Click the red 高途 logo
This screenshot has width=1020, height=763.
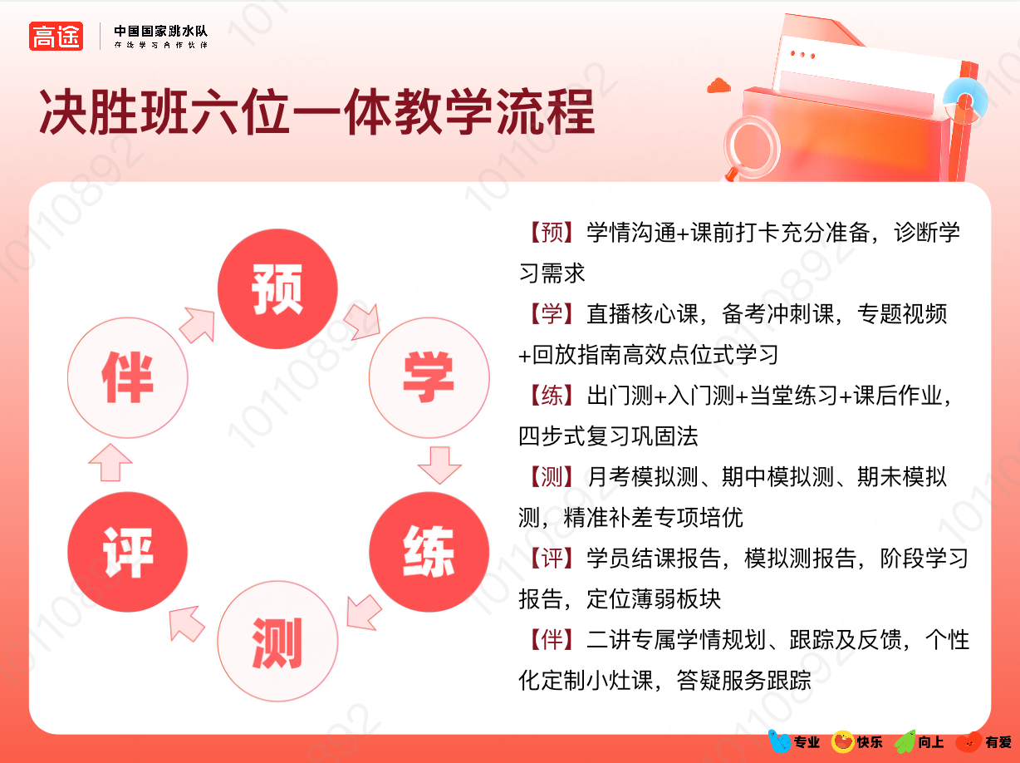tap(56, 36)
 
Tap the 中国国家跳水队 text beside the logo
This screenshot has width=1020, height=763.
tap(161, 31)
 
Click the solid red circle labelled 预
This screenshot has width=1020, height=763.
tap(277, 288)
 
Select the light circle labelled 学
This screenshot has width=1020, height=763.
tap(429, 377)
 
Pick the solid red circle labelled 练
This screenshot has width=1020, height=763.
tap(429, 552)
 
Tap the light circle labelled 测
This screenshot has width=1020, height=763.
tap(277, 641)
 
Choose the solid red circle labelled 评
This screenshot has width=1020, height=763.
tap(127, 552)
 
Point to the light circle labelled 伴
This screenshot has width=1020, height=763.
tap(127, 377)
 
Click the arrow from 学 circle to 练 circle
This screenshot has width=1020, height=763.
tap(439, 465)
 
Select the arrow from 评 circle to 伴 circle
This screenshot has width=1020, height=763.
tap(110, 462)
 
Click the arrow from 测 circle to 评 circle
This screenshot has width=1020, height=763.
tap(186, 624)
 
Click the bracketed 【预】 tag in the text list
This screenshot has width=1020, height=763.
tap(552, 233)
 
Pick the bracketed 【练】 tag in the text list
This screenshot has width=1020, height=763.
tap(552, 396)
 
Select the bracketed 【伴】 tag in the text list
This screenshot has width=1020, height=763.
tap(552, 640)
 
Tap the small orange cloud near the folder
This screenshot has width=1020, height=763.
tap(718, 86)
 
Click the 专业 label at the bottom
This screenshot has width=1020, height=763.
tap(807, 742)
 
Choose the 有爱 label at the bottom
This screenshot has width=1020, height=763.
tap(998, 742)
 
